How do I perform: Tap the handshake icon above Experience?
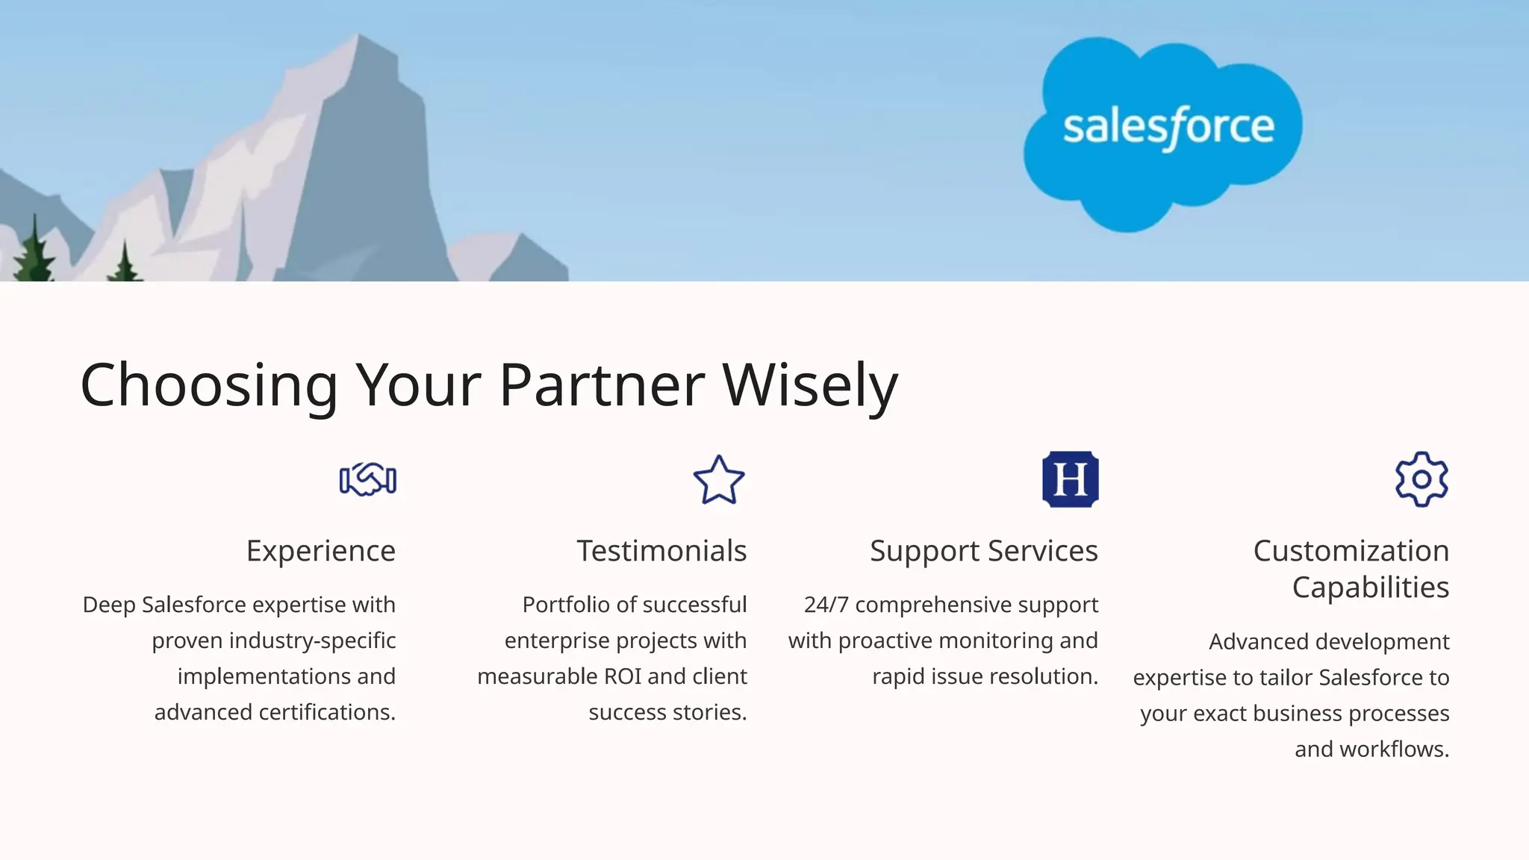pyautogui.click(x=367, y=479)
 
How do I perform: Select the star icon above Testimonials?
pyautogui.click(x=718, y=480)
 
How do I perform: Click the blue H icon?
pyautogui.click(x=1070, y=479)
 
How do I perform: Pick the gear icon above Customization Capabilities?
pyautogui.click(x=1421, y=479)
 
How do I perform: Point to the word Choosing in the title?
pyautogui.click(x=209, y=385)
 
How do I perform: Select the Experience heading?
pyautogui.click(x=321, y=551)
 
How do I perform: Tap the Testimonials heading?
pyautogui.click(x=661, y=551)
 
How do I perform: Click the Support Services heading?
pyautogui.click(x=983, y=551)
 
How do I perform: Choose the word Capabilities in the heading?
pyautogui.click(x=1371, y=588)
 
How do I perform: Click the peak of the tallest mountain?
pyautogui.click(x=358, y=37)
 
